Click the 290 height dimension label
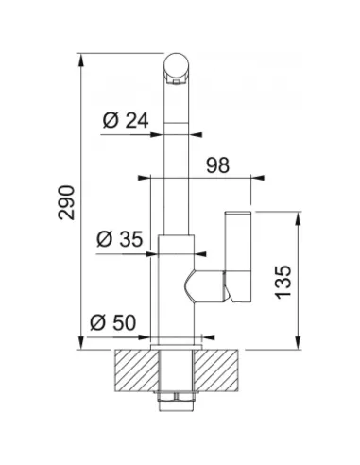[66, 202]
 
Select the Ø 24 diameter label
[126, 120]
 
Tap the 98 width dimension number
[218, 165]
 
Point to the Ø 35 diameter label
[120, 239]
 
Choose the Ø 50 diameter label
[113, 322]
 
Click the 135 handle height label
[283, 282]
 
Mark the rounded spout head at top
[177, 69]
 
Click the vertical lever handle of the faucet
[238, 257]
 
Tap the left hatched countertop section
[137, 370]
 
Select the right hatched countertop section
[216, 370]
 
